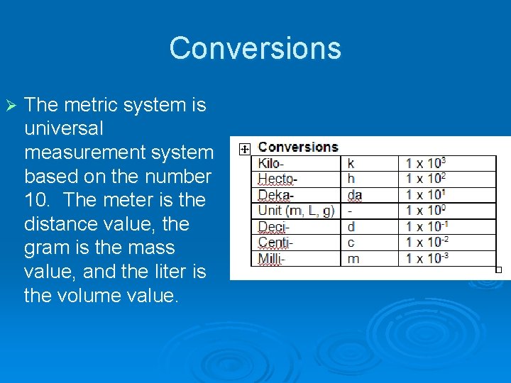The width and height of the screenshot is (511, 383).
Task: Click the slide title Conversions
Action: [255, 48]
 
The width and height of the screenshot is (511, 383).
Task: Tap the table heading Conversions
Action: [297, 147]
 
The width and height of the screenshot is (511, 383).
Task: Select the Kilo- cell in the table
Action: [271, 163]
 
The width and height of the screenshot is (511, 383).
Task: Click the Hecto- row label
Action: [277, 179]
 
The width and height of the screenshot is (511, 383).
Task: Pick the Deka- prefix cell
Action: [275, 194]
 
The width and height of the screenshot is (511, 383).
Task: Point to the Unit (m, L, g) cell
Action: [296, 211]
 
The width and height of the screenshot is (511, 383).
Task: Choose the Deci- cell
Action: [272, 227]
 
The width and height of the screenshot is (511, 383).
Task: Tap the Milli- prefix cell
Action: [271, 258]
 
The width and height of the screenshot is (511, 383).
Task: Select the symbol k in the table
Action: [351, 163]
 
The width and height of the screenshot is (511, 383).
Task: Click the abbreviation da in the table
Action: [354, 194]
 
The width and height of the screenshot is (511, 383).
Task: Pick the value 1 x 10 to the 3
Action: [425, 163]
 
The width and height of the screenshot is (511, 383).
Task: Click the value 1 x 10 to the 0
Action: [425, 211]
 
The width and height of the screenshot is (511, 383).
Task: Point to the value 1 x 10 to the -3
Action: [427, 258]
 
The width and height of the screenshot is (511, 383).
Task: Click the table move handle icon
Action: [243, 149]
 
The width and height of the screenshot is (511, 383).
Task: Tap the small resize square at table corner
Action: [498, 270]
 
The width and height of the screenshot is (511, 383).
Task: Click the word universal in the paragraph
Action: [64, 129]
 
